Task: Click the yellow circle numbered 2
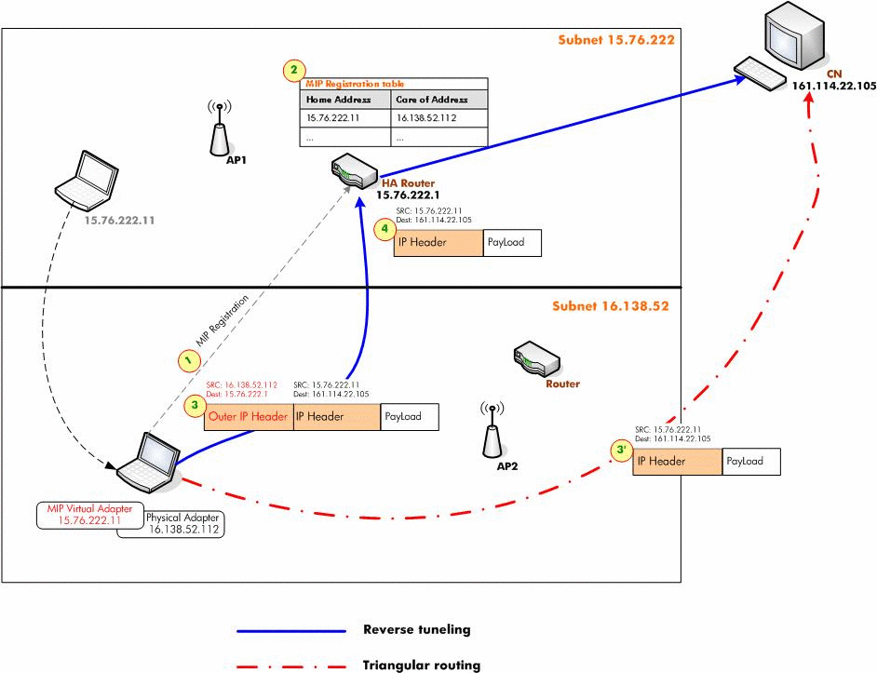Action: (x=294, y=70)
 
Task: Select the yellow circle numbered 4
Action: (x=382, y=229)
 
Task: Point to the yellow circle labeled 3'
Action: (x=621, y=451)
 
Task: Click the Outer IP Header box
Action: (x=248, y=417)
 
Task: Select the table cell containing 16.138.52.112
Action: (x=438, y=118)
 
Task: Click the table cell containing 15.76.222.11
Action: (x=345, y=118)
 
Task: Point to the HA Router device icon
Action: (x=353, y=173)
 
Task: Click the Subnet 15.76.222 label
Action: (x=615, y=40)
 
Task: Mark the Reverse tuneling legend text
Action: (x=416, y=629)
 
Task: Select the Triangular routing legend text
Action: (x=421, y=666)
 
